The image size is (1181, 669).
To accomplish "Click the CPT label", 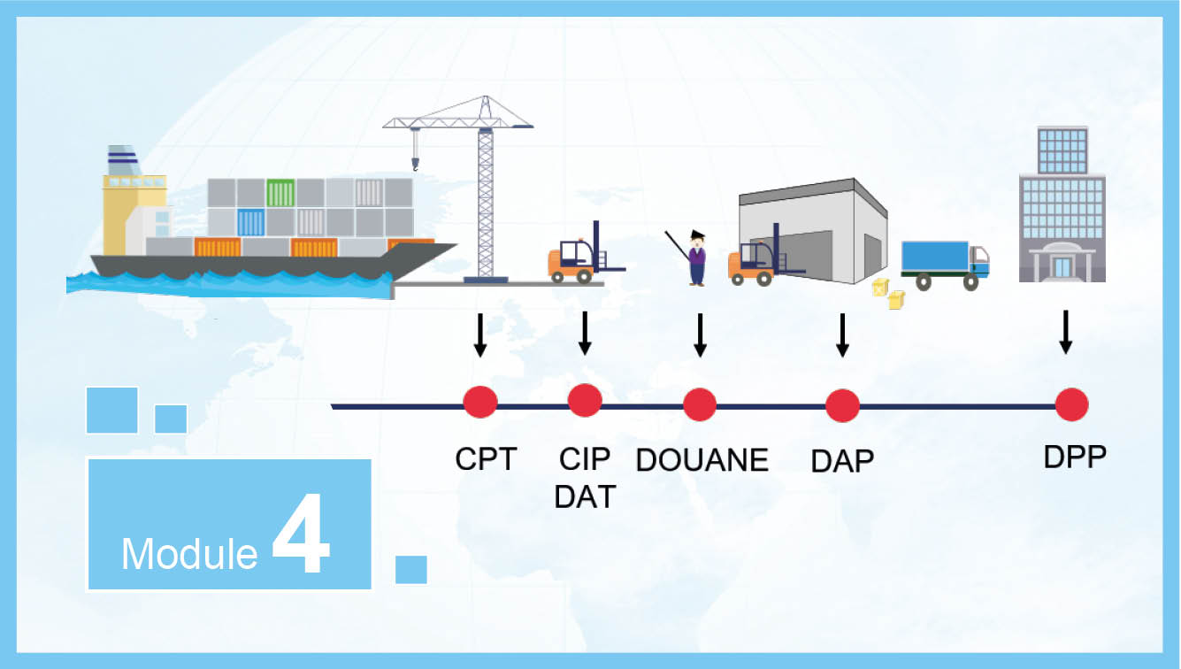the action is [x=486, y=459].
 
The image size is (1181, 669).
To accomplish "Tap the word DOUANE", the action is [x=702, y=460].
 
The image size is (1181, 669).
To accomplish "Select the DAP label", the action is [x=842, y=461].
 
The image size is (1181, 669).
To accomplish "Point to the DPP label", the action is [x=1075, y=457].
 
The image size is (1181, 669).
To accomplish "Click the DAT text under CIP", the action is [x=585, y=496].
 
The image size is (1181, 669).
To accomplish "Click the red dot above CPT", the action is [x=479, y=402].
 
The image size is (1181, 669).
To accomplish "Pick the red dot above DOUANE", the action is [x=700, y=404].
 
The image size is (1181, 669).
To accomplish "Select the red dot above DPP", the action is [x=1072, y=404].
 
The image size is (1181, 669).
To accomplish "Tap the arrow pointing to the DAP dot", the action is [x=842, y=335].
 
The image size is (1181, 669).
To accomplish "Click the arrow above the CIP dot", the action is [x=585, y=334].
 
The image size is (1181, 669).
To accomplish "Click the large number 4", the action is [x=301, y=533].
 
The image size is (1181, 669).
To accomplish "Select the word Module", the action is [x=189, y=554].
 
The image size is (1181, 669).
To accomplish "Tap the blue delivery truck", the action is [x=945, y=265].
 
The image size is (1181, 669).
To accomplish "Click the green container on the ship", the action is [x=280, y=193].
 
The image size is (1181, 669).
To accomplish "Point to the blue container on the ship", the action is [x=251, y=223].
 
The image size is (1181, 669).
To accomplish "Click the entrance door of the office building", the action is [x=1062, y=267].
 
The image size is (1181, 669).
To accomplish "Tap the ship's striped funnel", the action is [x=123, y=160].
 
